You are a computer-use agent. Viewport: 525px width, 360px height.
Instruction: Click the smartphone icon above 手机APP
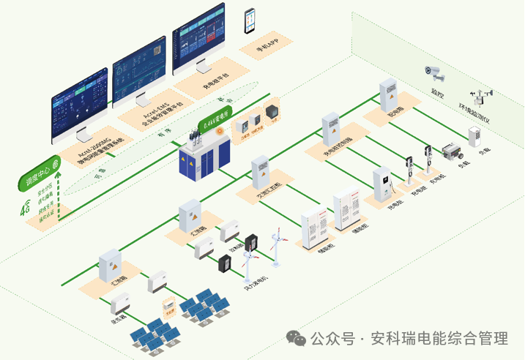pos(250,20)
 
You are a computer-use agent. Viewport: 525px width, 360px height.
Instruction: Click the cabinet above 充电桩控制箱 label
pos(331,127)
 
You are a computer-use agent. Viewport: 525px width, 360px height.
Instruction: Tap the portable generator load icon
pos(449,152)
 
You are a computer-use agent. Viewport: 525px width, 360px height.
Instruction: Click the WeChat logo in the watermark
pos(296,338)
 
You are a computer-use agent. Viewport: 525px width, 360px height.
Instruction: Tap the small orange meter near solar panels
pos(168,305)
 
